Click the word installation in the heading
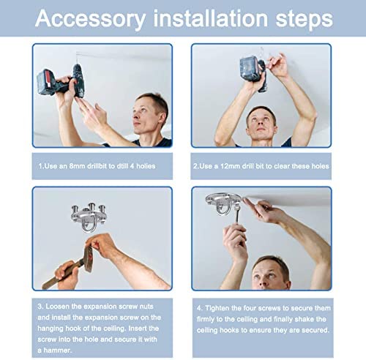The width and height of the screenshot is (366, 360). (x=211, y=18)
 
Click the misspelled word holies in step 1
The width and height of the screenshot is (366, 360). (x=146, y=166)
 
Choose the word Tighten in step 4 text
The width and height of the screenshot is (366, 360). (x=217, y=308)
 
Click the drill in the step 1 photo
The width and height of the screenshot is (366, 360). (x=61, y=82)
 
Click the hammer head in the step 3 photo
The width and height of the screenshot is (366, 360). (x=88, y=259)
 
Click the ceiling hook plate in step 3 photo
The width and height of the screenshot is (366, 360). (x=89, y=217)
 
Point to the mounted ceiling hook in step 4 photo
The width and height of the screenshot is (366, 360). (x=223, y=203)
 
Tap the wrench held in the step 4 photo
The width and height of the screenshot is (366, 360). (x=237, y=214)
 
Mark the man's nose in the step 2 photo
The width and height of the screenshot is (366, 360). (x=260, y=123)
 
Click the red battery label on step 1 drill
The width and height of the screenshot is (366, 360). (x=48, y=82)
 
